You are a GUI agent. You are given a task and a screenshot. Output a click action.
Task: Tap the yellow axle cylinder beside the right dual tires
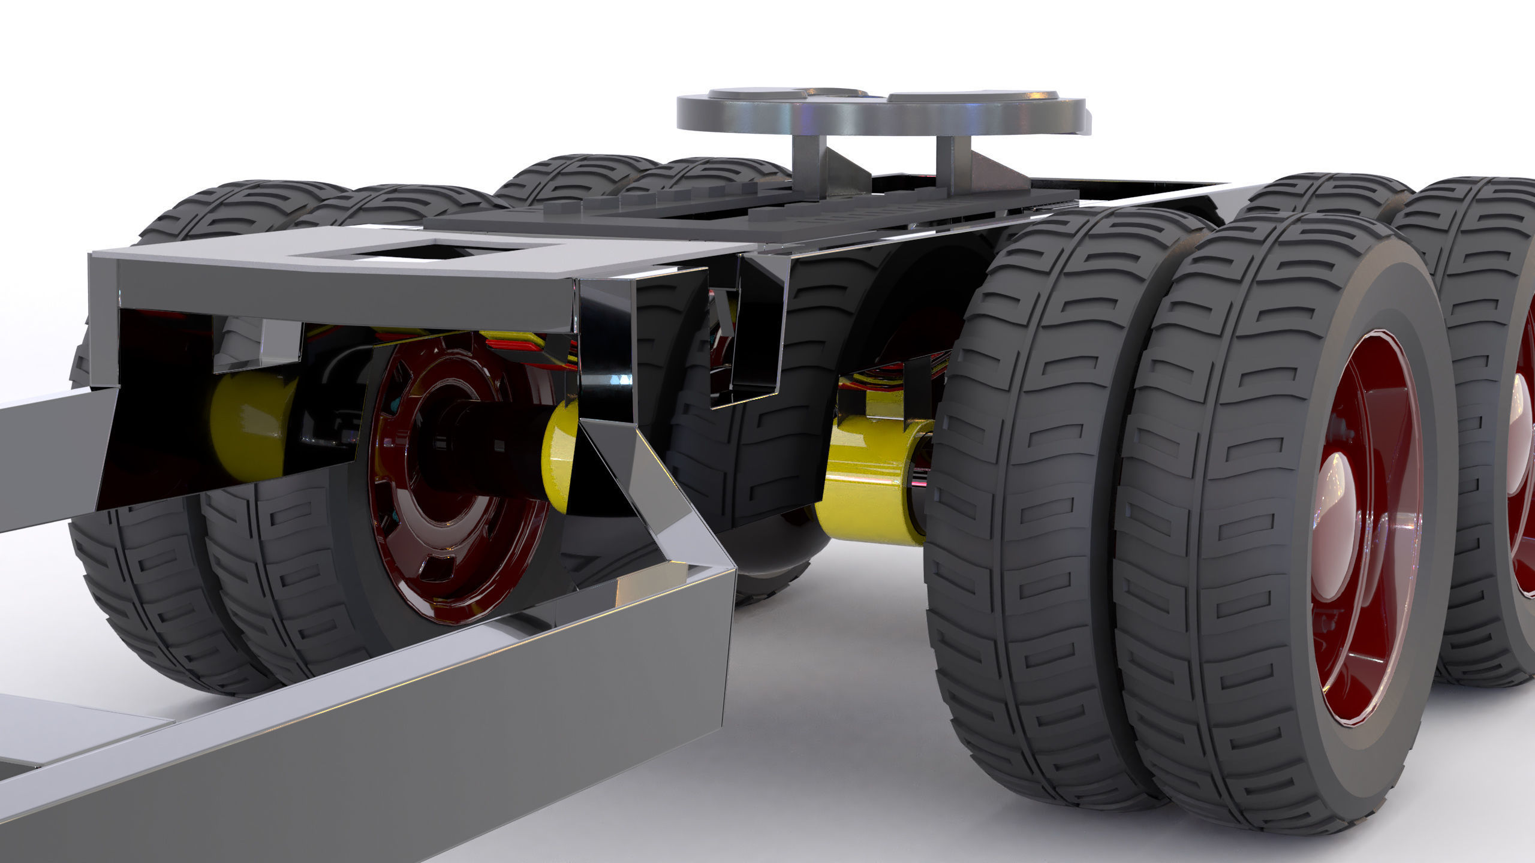click(x=863, y=479)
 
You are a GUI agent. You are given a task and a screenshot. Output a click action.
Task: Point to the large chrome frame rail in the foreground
click(x=420, y=719)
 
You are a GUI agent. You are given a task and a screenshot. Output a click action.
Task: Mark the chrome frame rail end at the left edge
click(x=48, y=455)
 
